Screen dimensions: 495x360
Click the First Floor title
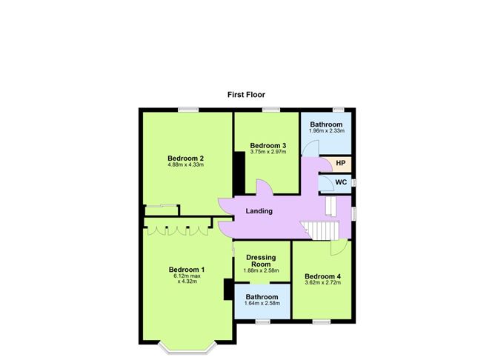(246, 95)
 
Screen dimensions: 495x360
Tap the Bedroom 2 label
(185, 159)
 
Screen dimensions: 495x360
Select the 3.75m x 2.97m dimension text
(268, 152)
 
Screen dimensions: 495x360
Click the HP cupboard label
(341, 163)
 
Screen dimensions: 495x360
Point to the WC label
(341, 182)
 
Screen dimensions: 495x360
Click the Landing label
(259, 211)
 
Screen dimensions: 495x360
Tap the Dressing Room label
(261, 261)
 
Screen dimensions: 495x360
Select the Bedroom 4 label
(322, 276)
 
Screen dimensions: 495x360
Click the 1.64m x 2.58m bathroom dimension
(262, 303)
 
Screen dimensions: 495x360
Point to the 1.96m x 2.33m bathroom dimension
(327, 130)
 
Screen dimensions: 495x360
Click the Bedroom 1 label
(187, 270)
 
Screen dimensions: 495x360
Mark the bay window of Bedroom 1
(187, 347)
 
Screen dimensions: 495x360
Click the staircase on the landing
(319, 230)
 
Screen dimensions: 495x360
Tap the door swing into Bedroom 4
(339, 247)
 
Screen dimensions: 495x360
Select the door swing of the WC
(327, 183)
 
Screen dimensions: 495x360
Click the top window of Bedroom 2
(188, 110)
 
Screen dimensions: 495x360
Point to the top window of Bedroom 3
(271, 110)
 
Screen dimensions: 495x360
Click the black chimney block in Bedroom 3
(239, 173)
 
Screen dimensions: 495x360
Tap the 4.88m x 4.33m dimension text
(185, 164)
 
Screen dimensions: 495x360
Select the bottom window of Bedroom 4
(322, 321)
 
